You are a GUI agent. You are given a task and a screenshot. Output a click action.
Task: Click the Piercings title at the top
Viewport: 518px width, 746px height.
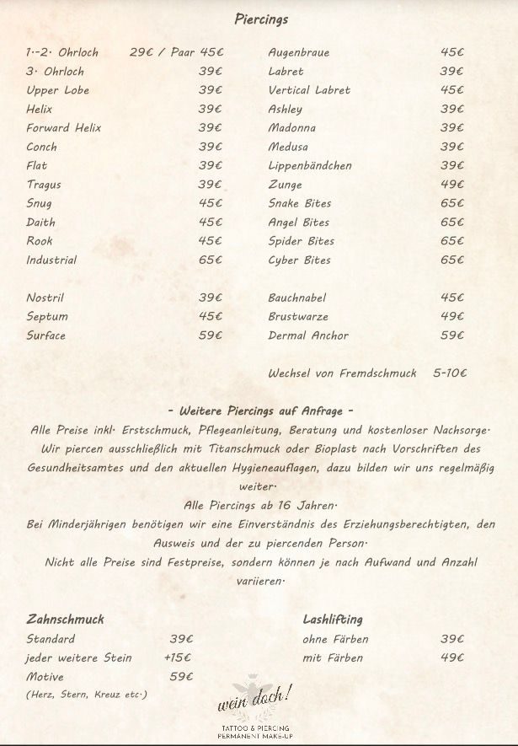pyautogui.click(x=260, y=19)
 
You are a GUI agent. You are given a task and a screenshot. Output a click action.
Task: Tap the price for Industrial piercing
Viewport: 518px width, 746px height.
pyautogui.click(x=211, y=260)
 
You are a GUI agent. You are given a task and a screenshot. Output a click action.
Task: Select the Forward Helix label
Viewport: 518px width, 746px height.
pyautogui.click(x=64, y=127)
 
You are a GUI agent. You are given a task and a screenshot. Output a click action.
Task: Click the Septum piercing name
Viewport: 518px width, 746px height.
pyautogui.click(x=47, y=316)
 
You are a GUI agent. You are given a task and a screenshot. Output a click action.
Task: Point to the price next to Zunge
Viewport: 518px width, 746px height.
pyautogui.click(x=451, y=184)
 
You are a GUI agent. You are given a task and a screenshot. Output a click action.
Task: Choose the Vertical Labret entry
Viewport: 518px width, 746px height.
pyautogui.click(x=309, y=89)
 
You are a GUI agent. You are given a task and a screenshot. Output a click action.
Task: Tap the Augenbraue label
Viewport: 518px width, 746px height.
pyautogui.click(x=299, y=52)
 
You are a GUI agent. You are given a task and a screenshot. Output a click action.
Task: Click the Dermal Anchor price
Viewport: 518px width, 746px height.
pyautogui.click(x=451, y=335)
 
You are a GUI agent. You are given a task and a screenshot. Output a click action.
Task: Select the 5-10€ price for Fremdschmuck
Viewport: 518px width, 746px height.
pyautogui.click(x=450, y=373)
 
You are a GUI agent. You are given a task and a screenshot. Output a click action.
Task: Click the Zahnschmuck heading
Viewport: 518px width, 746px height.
pyautogui.click(x=65, y=619)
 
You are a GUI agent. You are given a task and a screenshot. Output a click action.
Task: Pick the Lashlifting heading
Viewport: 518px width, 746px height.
pyautogui.click(x=333, y=619)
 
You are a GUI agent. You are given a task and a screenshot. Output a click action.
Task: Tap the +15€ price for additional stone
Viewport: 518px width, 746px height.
pyautogui.click(x=178, y=657)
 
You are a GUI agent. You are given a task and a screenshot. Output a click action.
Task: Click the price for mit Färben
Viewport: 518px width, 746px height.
pyautogui.click(x=451, y=657)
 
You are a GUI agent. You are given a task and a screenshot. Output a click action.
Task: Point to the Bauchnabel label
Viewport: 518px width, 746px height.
pyautogui.click(x=297, y=298)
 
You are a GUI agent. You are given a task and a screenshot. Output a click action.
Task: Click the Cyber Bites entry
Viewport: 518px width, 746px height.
pyautogui.click(x=300, y=260)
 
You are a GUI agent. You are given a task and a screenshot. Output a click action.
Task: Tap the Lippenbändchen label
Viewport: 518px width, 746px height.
pyautogui.click(x=310, y=165)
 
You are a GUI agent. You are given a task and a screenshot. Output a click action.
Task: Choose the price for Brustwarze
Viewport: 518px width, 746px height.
pyautogui.click(x=451, y=316)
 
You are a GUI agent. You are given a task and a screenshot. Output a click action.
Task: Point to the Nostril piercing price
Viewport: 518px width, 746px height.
pyautogui.click(x=211, y=298)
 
